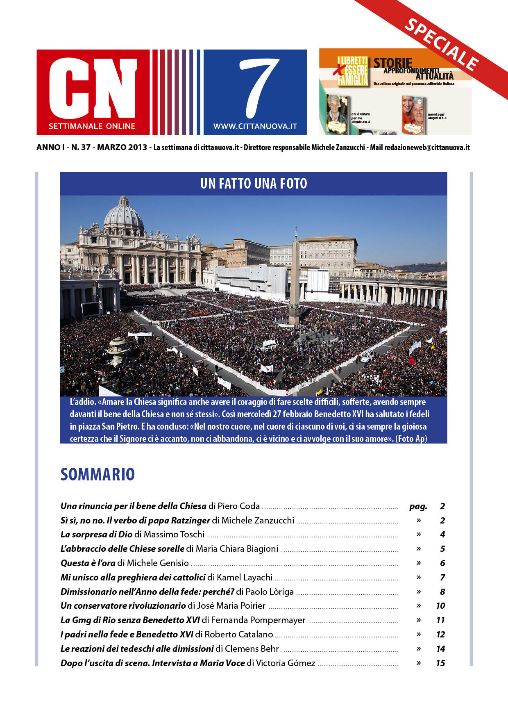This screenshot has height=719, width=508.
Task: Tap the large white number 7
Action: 259,86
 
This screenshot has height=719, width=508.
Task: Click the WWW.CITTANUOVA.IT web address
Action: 255,127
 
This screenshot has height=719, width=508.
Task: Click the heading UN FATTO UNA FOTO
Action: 254,184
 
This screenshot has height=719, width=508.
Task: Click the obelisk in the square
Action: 295,279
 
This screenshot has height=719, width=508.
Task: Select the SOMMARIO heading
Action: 98,474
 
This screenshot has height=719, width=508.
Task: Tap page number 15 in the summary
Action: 440,663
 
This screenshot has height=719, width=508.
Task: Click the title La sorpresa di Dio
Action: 96,535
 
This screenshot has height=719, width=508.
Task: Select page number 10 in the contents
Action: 440,606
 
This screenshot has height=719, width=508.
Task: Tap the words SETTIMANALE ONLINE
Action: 92,126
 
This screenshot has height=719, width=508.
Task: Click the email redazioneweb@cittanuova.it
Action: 427,148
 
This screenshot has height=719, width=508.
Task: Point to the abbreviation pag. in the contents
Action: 418,506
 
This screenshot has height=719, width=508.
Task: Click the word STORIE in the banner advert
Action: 392,63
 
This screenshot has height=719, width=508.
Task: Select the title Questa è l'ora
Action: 88,563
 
